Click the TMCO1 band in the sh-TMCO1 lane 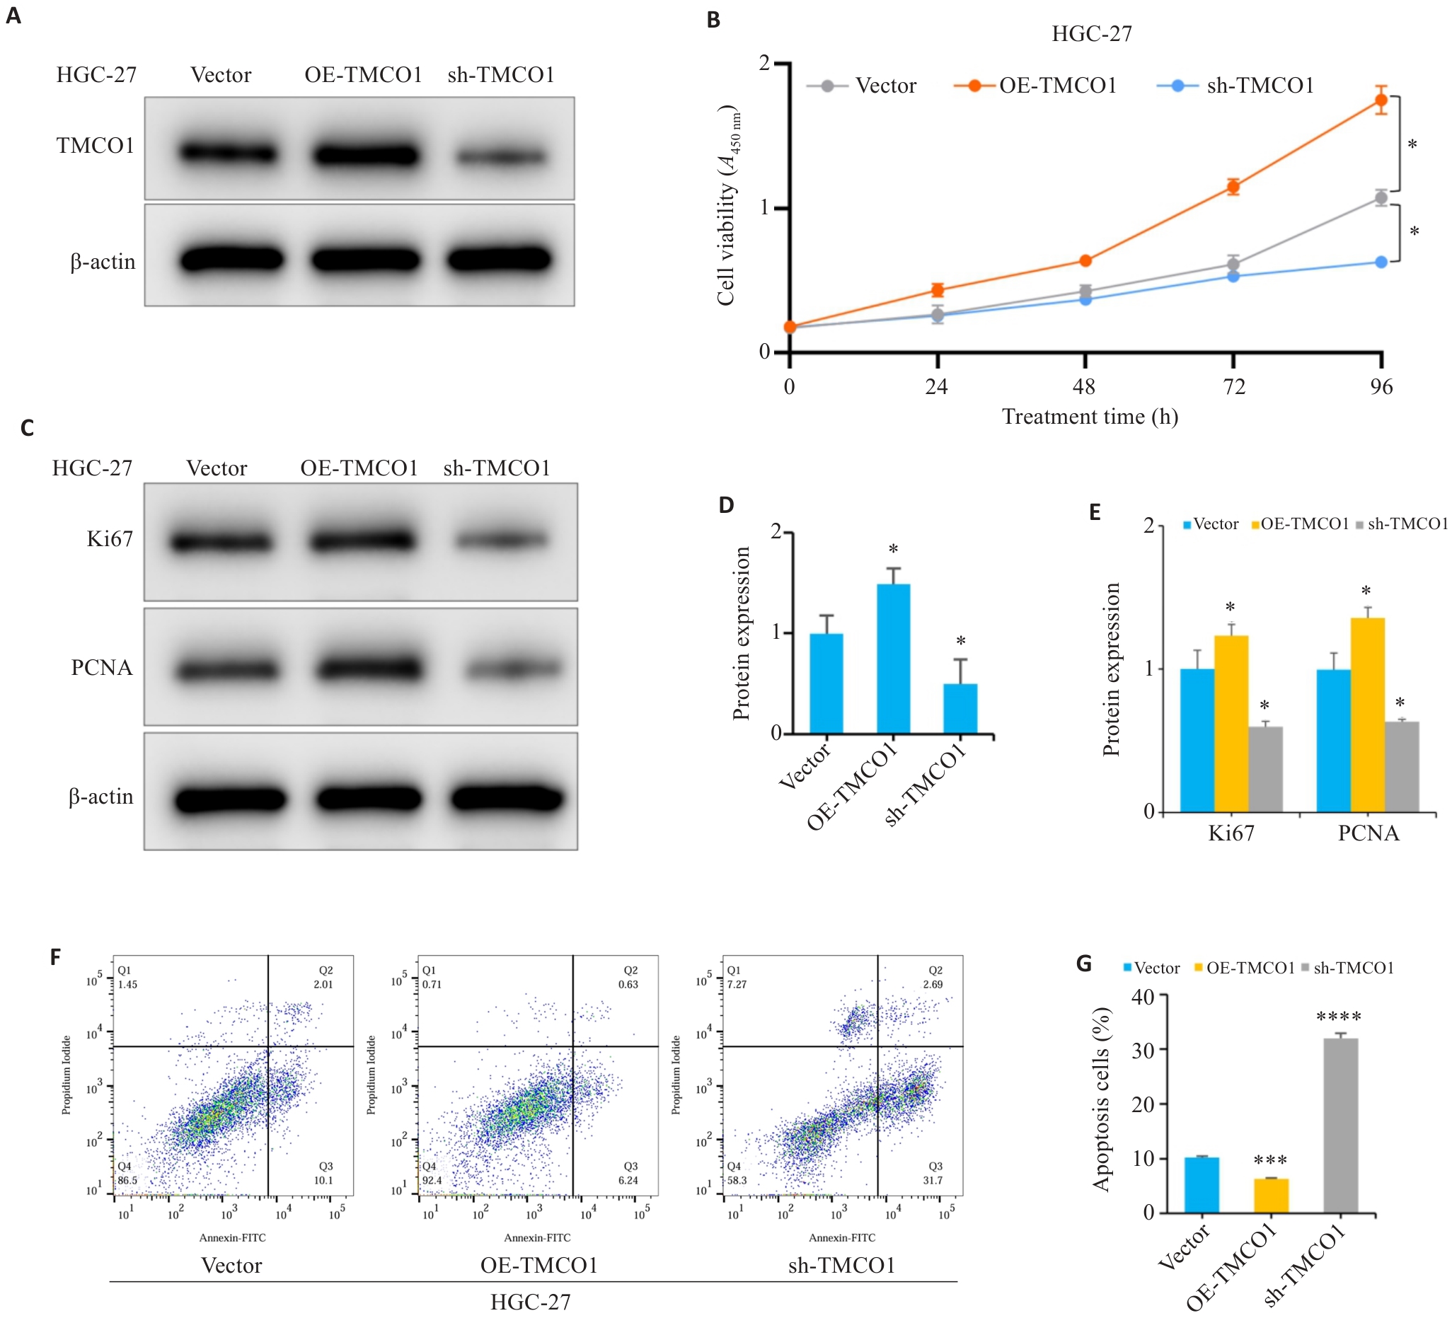(x=501, y=156)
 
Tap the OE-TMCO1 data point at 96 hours (x=1381, y=100)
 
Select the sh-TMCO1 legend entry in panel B (x=1259, y=86)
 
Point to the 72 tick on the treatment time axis (x=1234, y=387)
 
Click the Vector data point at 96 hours (x=1381, y=198)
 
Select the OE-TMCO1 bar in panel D (x=893, y=659)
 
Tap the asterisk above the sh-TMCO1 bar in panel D (x=961, y=641)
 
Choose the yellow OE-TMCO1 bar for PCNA (x=1367, y=715)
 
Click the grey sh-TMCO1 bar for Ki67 (x=1265, y=769)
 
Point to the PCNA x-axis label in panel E (x=1369, y=833)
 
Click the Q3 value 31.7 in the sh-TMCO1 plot (x=933, y=1181)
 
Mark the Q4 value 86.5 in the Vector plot (x=127, y=1181)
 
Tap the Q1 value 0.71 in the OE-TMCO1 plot (x=432, y=985)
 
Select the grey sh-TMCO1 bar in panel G (x=1340, y=1126)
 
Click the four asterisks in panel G (x=1338, y=1017)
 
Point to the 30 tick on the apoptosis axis (x=1143, y=1049)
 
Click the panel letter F (x=55, y=957)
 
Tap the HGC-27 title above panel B (x=1091, y=34)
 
